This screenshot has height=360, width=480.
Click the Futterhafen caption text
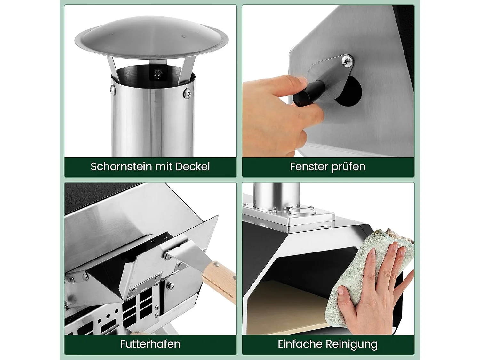(150, 344)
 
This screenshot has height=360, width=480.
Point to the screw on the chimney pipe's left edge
(113, 89)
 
